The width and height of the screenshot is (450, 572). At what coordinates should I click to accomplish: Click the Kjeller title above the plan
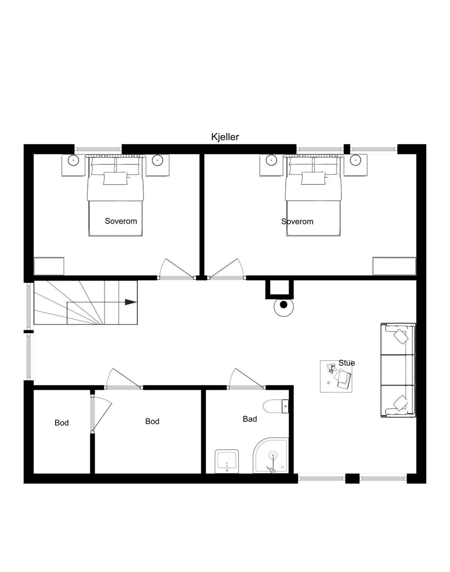225,137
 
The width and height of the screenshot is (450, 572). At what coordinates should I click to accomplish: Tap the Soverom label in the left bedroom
121,221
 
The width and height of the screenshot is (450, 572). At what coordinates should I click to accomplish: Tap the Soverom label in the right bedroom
297,222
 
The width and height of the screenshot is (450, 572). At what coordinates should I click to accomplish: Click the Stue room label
346,363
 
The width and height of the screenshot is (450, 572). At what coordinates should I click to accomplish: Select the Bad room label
250,419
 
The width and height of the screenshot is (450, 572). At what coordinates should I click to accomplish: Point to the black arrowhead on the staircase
130,302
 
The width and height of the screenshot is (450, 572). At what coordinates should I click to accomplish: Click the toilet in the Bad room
276,406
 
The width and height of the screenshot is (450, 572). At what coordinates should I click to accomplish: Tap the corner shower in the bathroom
270,455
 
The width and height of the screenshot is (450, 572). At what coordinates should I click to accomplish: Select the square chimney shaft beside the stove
279,289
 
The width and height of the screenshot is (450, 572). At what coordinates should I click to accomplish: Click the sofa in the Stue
398,370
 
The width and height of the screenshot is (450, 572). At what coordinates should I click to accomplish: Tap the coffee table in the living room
336,376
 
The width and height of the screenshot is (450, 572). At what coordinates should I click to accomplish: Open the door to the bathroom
246,379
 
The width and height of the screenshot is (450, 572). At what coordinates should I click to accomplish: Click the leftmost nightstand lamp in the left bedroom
73,160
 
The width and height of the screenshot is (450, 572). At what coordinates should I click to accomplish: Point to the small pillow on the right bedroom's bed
313,178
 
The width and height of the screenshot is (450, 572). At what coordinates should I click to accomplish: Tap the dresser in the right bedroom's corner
394,266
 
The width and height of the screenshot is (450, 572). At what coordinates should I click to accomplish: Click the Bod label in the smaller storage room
61,422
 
